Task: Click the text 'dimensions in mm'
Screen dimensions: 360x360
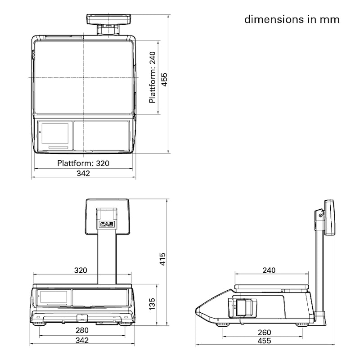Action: click(292, 19)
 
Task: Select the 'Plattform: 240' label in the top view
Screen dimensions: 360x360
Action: click(153, 77)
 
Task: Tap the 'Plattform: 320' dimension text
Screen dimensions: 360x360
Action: click(83, 163)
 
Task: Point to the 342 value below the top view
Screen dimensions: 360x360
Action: click(83, 173)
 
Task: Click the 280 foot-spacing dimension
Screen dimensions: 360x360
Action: click(82, 330)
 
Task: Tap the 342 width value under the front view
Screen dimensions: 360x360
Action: click(82, 340)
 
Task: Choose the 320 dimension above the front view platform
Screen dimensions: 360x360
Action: click(81, 270)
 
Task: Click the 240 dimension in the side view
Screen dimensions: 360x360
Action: click(269, 270)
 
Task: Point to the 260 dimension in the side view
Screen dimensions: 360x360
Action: click(264, 333)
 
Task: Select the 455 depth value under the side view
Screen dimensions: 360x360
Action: click(264, 341)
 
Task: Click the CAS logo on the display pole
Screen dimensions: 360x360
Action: click(107, 224)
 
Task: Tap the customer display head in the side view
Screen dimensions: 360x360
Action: click(329, 218)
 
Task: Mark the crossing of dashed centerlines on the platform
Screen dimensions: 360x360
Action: click(83, 77)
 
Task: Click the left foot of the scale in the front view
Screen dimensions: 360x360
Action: click(39, 323)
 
